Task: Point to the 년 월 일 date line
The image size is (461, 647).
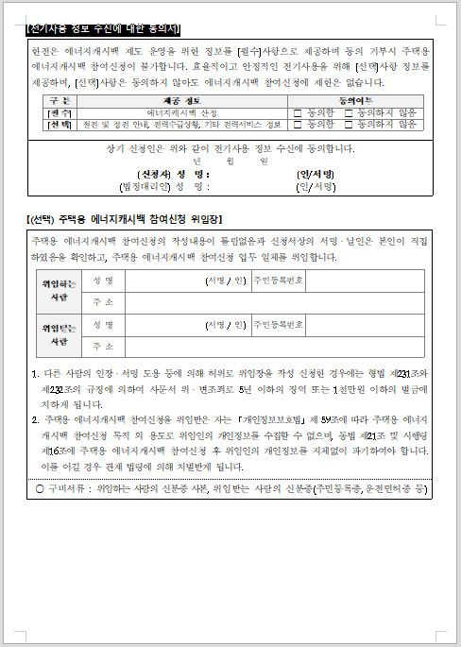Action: [x=230, y=162]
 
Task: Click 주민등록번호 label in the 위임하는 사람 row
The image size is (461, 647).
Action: [x=278, y=281]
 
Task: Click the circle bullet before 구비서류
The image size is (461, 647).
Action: [x=39, y=487]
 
